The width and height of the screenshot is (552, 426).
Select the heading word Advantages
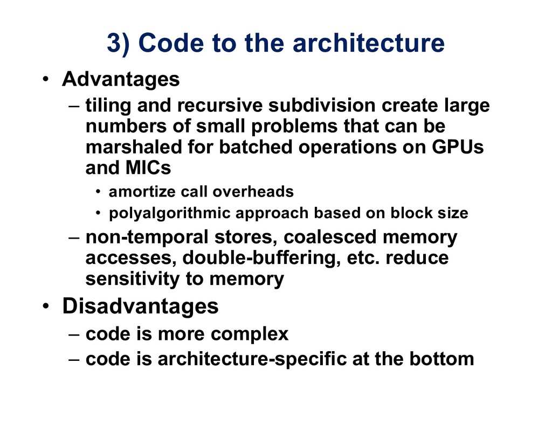(121, 80)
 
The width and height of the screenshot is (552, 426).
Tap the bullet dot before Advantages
(47, 81)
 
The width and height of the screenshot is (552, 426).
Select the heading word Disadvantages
(140, 306)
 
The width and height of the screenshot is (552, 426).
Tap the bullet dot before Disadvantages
(47, 307)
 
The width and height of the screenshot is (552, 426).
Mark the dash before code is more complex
(75, 334)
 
